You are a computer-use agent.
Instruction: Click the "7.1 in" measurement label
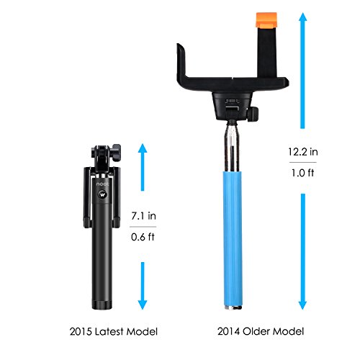143,216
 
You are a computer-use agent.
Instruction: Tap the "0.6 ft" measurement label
143,237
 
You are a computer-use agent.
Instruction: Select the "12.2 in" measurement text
303,152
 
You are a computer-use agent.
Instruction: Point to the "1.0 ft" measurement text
303,173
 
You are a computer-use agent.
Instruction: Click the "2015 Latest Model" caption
114,331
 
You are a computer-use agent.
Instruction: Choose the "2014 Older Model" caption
261,331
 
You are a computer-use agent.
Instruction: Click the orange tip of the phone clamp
266,20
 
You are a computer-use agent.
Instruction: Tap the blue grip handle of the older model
233,239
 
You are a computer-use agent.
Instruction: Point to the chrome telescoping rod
232,146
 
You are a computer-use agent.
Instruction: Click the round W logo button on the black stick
102,194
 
